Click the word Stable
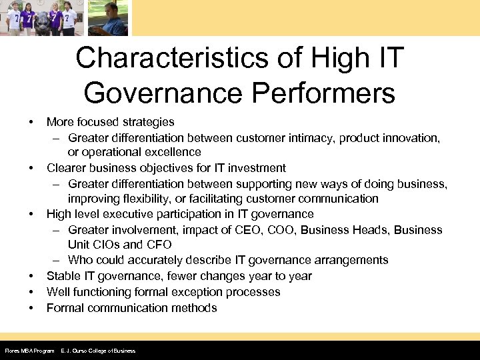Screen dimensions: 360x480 (63, 276)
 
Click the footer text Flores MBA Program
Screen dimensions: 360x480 (29, 351)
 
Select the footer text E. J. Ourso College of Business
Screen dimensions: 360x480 (98, 351)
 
